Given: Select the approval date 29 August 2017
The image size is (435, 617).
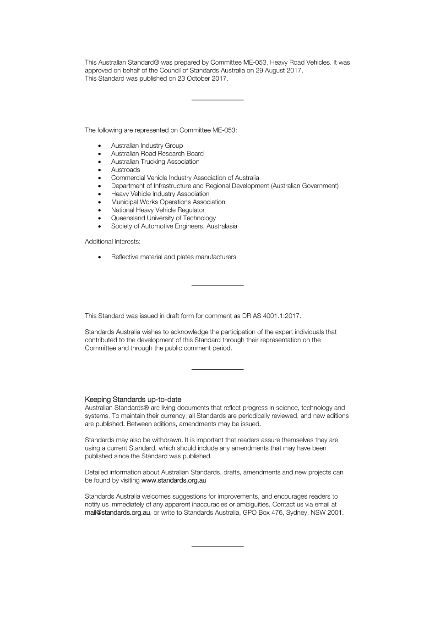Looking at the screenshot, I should pyautogui.click(x=279, y=71).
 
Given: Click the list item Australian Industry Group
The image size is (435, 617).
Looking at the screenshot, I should pyautogui.click(x=147, y=145).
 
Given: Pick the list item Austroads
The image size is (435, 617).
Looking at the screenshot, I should pyautogui.click(x=125, y=170).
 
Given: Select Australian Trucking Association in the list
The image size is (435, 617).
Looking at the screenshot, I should pyautogui.click(x=155, y=161).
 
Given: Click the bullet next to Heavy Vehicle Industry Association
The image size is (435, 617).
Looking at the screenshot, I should pyautogui.click(x=99, y=194).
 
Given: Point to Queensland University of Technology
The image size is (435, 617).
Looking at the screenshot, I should pyautogui.click(x=163, y=218).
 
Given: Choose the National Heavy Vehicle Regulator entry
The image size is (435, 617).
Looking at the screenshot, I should pyautogui.click(x=158, y=210).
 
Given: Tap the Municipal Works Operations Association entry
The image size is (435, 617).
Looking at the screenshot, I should pyautogui.click(x=168, y=202).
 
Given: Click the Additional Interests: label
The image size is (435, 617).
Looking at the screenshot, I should pyautogui.click(x=112, y=241).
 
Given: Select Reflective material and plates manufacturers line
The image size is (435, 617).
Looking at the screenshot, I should pyautogui.click(x=173, y=257).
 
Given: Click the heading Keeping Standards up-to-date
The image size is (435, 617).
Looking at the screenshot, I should pyautogui.click(x=133, y=400).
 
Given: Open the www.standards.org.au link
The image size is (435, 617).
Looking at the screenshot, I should pyautogui.click(x=174, y=480).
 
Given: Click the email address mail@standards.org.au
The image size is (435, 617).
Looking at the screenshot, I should pyautogui.click(x=117, y=512).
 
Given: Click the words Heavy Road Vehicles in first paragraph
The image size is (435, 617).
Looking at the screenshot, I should pyautogui.click(x=300, y=62).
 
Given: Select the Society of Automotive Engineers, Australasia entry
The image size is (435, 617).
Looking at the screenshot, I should pyautogui.click(x=174, y=226).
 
